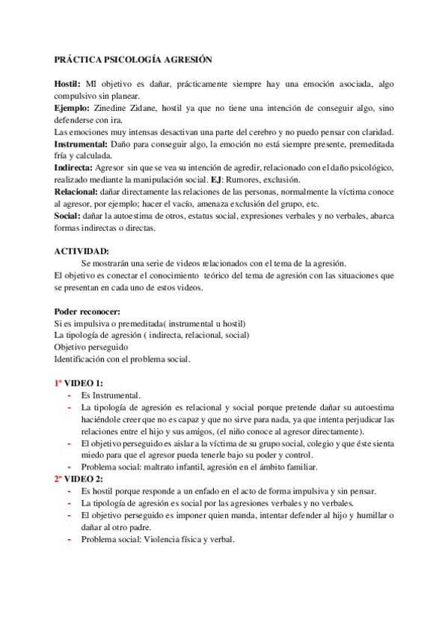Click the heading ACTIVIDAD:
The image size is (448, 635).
pos(82,252)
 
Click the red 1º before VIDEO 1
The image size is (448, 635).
pos(60,383)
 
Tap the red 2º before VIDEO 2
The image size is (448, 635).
pos(60,478)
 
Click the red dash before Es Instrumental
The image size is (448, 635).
pos(70,395)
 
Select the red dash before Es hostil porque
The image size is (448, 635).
pos(70,490)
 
